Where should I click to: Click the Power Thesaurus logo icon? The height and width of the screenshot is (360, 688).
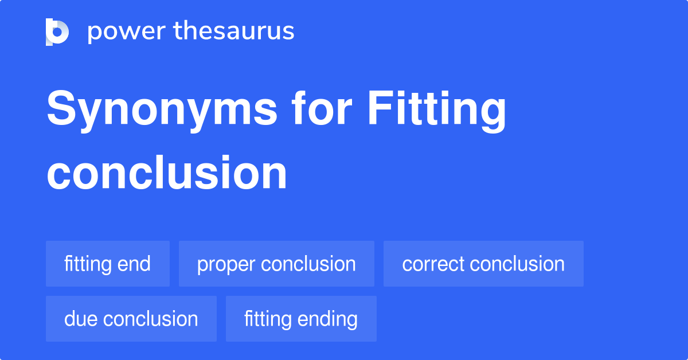pyautogui.click(x=57, y=32)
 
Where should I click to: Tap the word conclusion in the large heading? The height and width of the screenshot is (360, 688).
pyautogui.click(x=167, y=173)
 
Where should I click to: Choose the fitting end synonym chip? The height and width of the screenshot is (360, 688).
pyautogui.click(x=108, y=264)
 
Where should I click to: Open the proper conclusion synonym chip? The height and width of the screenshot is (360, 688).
pyautogui.click(x=276, y=264)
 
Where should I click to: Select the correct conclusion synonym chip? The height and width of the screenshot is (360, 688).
pyautogui.click(x=483, y=264)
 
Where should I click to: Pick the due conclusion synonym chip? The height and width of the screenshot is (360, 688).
pyautogui.click(x=131, y=319)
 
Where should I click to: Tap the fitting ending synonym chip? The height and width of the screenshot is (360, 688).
pyautogui.click(x=301, y=319)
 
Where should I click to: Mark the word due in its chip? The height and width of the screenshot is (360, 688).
pyautogui.click(x=80, y=319)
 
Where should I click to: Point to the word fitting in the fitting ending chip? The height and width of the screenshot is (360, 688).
pyautogui.click(x=268, y=319)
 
